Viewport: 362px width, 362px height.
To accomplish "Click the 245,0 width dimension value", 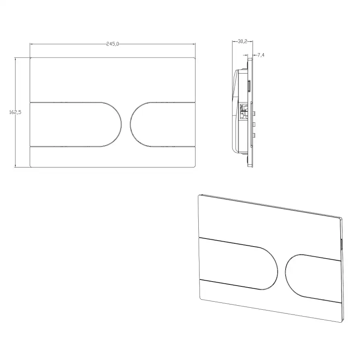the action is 113,44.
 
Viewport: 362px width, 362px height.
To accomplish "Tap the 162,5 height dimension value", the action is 15,112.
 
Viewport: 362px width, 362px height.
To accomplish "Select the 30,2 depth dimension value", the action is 243,41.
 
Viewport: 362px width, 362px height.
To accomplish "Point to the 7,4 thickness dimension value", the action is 261,55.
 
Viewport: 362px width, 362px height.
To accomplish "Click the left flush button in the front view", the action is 76,124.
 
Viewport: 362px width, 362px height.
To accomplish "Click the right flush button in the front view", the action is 163,124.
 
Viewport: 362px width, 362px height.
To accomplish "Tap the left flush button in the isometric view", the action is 238,263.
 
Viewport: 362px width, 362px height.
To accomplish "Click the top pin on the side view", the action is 255,114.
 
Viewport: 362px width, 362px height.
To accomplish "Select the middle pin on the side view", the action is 255,125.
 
